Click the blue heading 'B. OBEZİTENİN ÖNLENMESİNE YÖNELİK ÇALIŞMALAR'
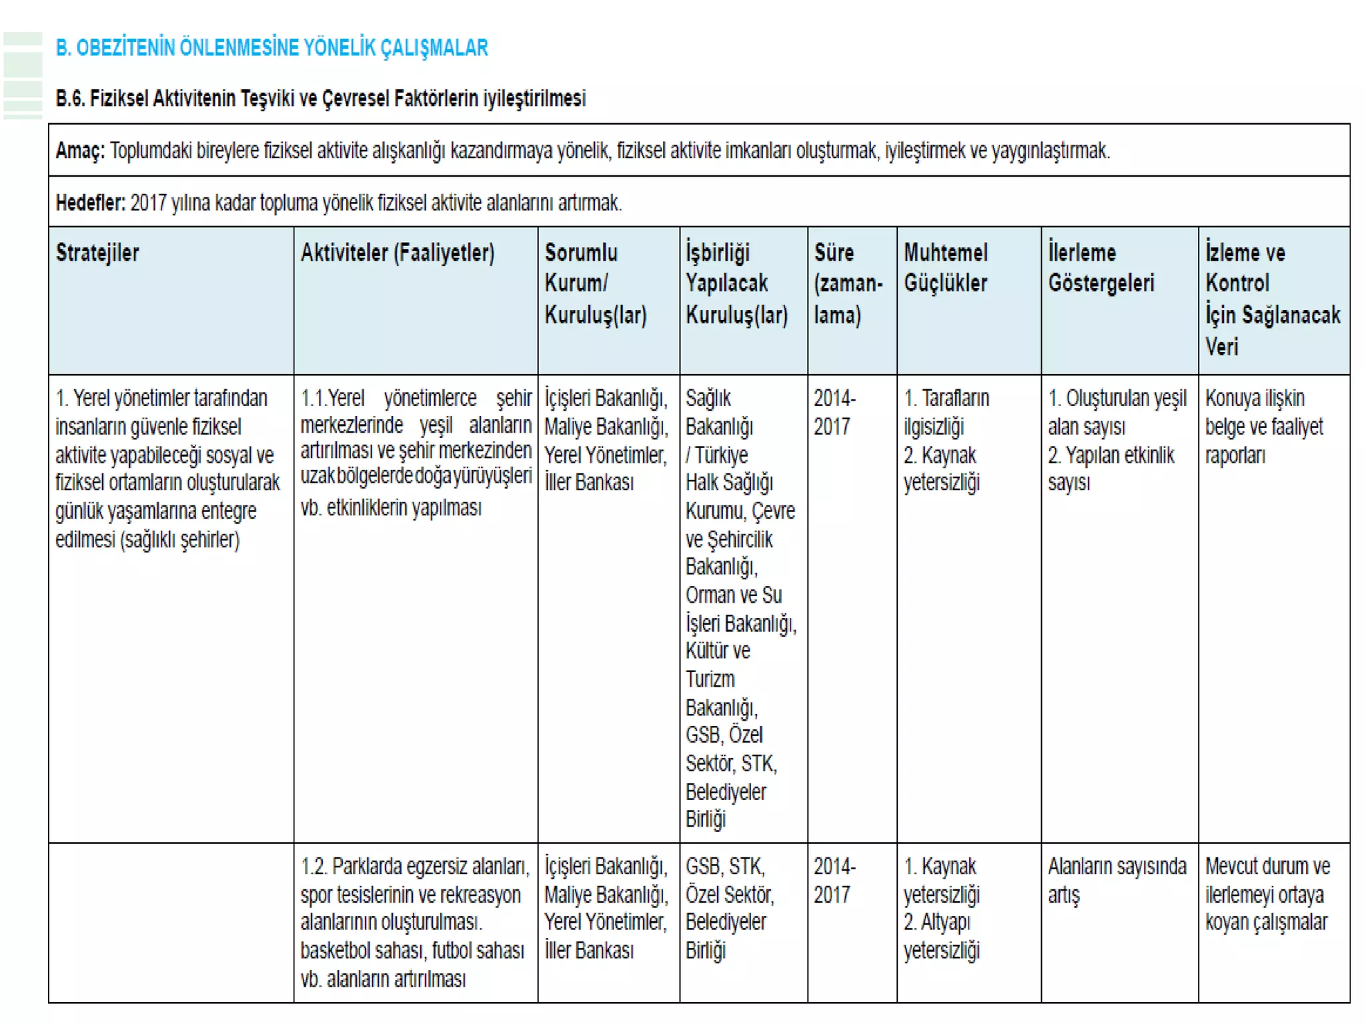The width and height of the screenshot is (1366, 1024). [x=271, y=48]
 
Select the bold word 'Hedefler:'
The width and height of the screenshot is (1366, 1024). [x=90, y=203]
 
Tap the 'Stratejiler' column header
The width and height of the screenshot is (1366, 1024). [x=97, y=253]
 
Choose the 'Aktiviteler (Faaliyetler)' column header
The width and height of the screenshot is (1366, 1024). [x=398, y=253]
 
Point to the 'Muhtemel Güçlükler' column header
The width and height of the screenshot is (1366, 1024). [x=945, y=268]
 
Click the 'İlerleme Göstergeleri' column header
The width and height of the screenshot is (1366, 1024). [x=1101, y=268]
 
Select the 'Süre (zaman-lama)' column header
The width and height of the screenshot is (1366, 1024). [x=847, y=283]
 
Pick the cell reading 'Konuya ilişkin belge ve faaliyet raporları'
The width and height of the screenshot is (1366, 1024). [x=1263, y=427]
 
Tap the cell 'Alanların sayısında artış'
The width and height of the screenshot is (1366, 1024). [x=1117, y=880]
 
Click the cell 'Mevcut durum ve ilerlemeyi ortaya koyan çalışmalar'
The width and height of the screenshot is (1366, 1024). [x=1267, y=894]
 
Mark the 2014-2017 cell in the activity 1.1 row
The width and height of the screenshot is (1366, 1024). [x=834, y=413]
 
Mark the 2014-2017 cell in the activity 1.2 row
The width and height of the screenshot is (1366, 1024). [x=834, y=880]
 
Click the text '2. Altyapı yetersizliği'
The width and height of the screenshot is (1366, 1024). [x=940, y=936]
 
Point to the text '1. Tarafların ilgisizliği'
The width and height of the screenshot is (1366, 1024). [x=946, y=413]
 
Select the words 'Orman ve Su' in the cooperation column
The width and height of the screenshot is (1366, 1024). [x=733, y=595]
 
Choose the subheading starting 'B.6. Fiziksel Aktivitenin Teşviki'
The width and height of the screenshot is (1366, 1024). [x=320, y=99]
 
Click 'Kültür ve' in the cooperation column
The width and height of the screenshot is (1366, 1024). [x=718, y=651]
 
